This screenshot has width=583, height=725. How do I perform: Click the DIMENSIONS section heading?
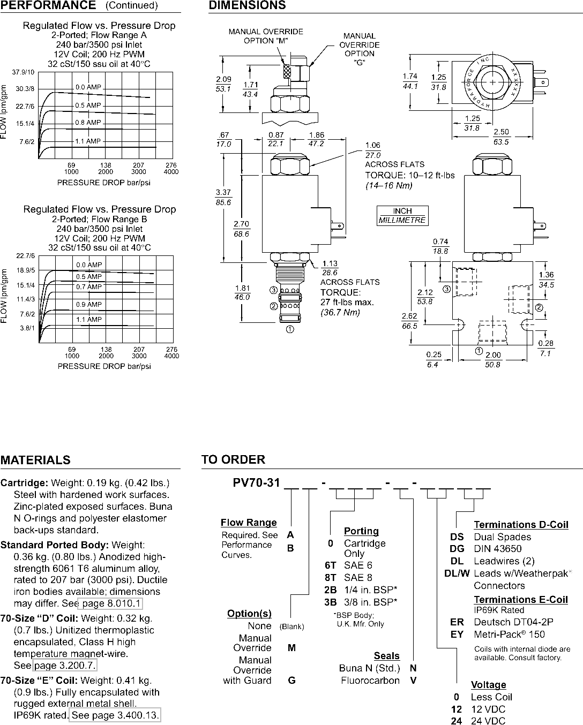pyautogui.click(x=247, y=5)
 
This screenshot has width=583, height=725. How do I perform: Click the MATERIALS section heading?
pyautogui.click(x=35, y=460)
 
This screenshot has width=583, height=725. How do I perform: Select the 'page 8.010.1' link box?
pyautogui.click(x=110, y=603)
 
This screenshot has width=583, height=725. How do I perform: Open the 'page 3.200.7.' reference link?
pyautogui.click(x=65, y=665)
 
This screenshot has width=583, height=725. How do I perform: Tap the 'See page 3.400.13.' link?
pyautogui.click(x=115, y=715)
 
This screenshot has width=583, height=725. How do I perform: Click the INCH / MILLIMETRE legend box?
pyautogui.click(x=402, y=215)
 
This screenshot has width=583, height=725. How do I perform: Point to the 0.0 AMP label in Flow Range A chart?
pyautogui.click(x=88, y=87)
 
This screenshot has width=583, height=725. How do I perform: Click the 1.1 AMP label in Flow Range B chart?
pyautogui.click(x=88, y=319)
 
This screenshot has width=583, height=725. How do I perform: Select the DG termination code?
pyautogui.click(x=457, y=548)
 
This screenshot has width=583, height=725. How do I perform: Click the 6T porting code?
pyautogui.click(x=330, y=565)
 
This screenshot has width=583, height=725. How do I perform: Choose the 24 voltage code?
pyautogui.click(x=457, y=721)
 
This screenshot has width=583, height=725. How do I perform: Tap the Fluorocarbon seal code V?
pyautogui.click(x=413, y=681)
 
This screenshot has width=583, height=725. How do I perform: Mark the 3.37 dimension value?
pyautogui.click(x=223, y=193)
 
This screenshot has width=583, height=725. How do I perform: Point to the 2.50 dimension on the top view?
pyautogui.click(x=501, y=132)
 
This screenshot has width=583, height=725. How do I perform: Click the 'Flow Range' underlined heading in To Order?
pyautogui.click(x=249, y=523)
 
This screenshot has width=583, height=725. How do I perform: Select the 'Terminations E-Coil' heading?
pyautogui.click(x=520, y=599)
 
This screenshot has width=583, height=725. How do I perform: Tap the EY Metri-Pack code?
pyautogui.click(x=457, y=634)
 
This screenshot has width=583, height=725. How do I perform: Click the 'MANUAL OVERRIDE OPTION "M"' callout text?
pyautogui.click(x=266, y=36)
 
